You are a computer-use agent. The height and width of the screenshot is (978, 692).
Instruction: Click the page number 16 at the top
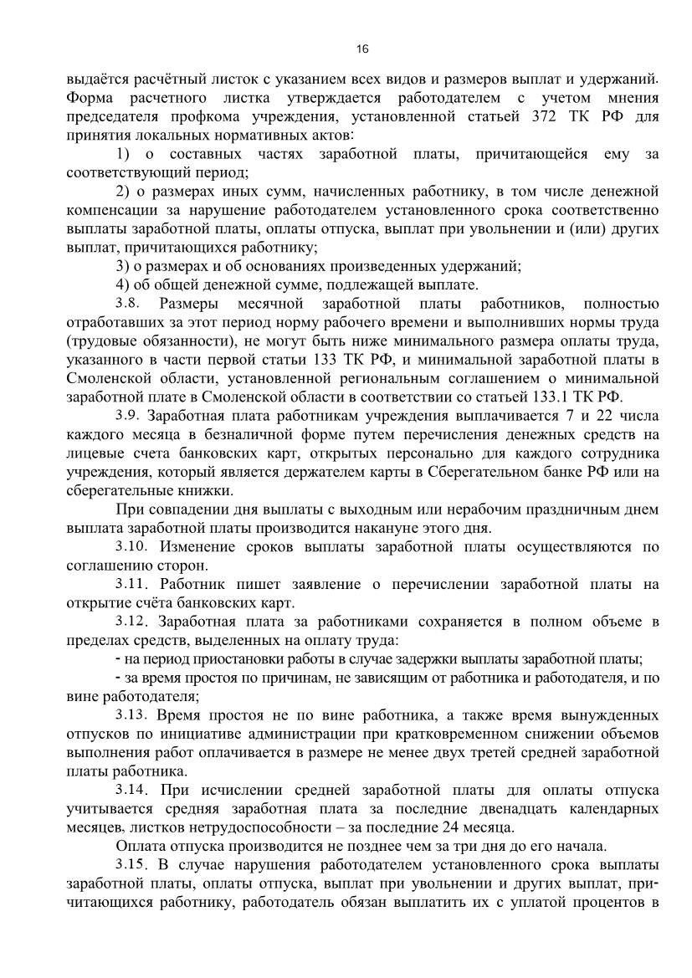pos(361,49)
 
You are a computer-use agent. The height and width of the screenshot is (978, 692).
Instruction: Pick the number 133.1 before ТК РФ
pos(561,397)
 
